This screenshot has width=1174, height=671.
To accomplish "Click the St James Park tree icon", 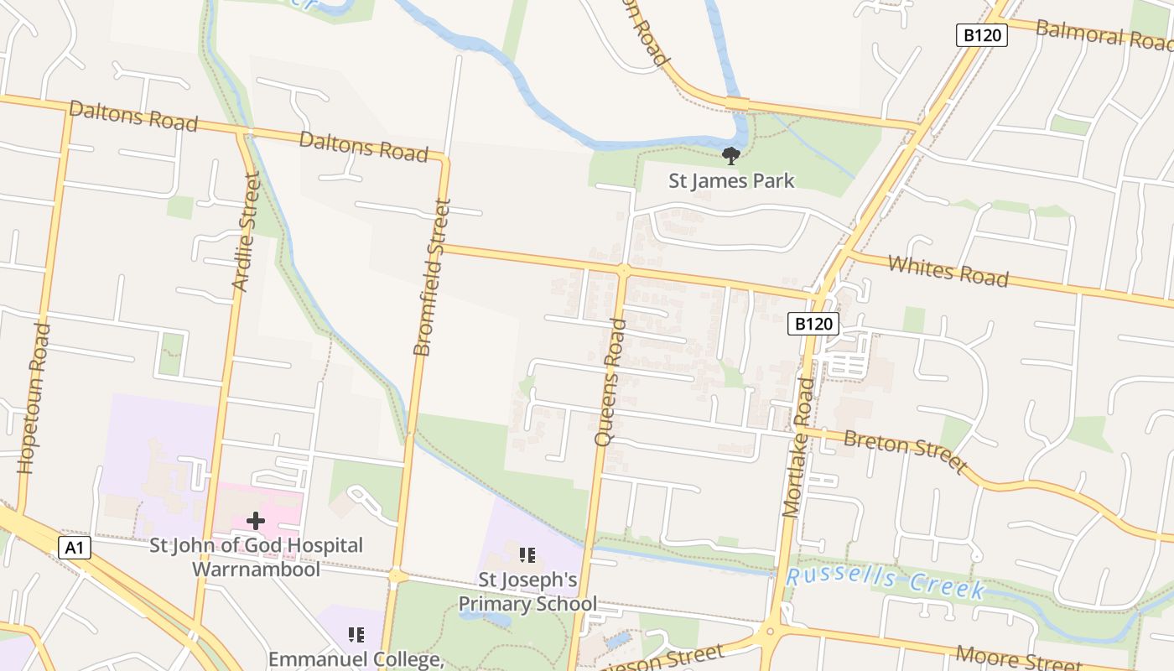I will point(730,155).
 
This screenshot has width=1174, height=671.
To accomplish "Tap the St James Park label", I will point(731,180).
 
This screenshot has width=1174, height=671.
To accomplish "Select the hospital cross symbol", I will point(256,521).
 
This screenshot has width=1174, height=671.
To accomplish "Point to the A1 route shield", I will point(75,549).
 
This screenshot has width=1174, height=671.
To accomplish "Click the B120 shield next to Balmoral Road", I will point(981,35).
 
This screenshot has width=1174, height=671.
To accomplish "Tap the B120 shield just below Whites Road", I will point(813,324).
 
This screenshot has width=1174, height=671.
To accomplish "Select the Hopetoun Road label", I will point(34,398).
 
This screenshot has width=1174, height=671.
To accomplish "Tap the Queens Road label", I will point(610,382).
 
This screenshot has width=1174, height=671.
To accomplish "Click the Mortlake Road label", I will point(799,447).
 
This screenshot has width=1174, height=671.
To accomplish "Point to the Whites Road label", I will point(948,271).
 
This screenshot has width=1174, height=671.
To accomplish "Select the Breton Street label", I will point(906,450).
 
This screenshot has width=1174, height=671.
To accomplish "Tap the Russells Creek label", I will point(886,582).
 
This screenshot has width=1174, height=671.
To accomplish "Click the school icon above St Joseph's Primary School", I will point(527,554).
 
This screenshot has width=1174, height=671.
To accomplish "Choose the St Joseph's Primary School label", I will point(527,591).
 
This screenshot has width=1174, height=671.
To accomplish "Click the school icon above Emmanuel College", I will point(356,634).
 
